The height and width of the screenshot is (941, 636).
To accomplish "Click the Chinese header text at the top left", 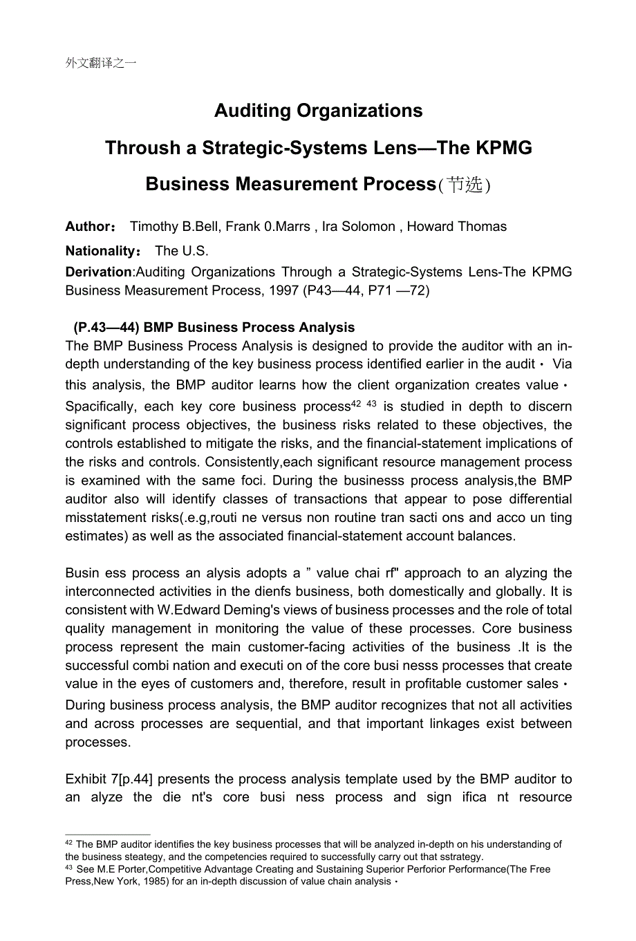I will (x=101, y=63).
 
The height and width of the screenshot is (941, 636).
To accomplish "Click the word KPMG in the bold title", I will (x=504, y=148).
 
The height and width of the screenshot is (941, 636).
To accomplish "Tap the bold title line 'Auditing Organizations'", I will (x=318, y=111).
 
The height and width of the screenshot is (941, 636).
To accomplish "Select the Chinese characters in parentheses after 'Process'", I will (x=464, y=185).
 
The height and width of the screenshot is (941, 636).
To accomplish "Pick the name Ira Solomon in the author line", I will (x=358, y=227).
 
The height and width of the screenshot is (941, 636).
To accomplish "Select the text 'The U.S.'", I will (x=182, y=251).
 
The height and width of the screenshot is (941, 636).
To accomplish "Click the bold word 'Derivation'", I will (x=98, y=272).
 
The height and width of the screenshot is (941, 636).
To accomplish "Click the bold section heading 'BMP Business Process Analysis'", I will (x=249, y=328).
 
